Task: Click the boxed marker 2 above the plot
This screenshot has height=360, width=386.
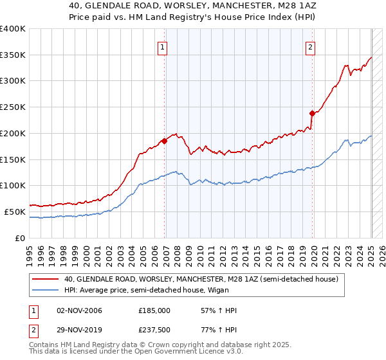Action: coord(310,46)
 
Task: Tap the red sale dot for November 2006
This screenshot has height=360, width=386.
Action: coord(164,141)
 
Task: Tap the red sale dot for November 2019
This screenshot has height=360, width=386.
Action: coord(312,113)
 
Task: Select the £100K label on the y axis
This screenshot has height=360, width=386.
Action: coord(14,186)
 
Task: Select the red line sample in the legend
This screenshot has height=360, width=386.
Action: coord(46,278)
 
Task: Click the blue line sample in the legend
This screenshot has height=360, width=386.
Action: coord(46,289)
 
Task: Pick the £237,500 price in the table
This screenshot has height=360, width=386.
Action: coord(154,330)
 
